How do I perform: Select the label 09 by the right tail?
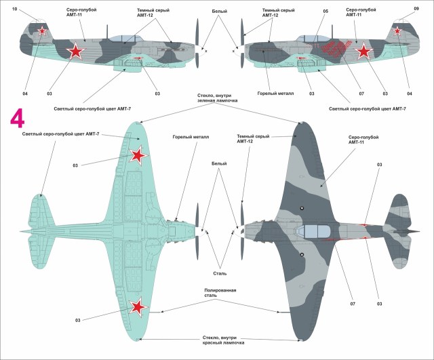[416, 9]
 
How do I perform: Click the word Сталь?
[220, 273]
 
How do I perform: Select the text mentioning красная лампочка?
[219, 342]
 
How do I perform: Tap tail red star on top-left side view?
[42, 31]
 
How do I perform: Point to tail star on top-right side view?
[397, 31]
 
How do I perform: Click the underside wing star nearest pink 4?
[138, 157]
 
